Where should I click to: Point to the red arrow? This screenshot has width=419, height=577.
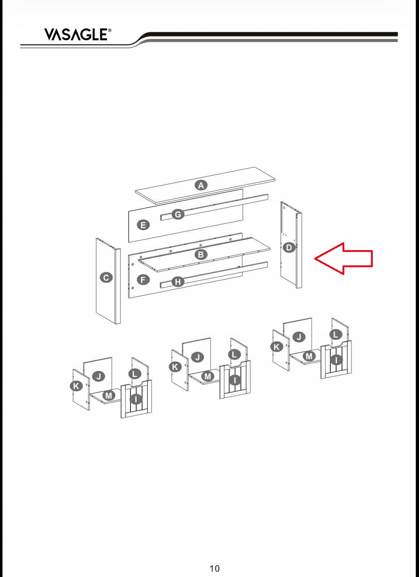click(344, 258)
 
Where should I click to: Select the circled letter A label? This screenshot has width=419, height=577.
click(201, 185)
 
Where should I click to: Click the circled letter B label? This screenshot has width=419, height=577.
click(201, 254)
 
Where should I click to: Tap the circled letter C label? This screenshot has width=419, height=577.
click(106, 278)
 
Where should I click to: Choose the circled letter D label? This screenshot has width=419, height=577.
click(289, 248)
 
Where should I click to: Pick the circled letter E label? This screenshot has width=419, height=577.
click(143, 225)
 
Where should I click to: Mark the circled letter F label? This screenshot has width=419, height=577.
click(143, 280)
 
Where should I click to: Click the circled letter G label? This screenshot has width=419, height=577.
click(178, 214)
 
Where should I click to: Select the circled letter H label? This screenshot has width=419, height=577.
click(178, 282)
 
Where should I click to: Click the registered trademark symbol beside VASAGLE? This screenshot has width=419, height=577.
click(110, 30)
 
